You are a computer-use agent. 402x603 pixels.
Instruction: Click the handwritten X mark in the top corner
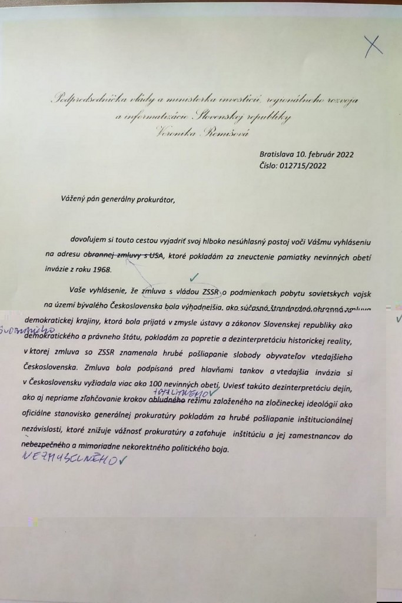point(374,46)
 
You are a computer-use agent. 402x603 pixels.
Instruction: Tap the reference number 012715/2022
point(306,165)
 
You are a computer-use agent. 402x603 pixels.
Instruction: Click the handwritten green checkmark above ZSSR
point(195,276)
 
